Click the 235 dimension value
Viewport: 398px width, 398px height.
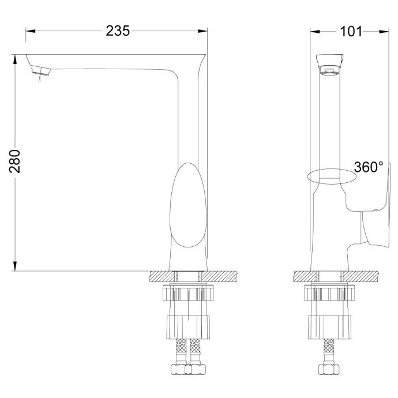click(118, 31)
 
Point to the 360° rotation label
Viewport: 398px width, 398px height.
click(369, 167)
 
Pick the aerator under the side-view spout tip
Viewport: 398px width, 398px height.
click(41, 71)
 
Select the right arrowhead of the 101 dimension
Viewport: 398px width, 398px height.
click(383, 31)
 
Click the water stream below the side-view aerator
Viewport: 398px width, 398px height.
click(39, 82)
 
